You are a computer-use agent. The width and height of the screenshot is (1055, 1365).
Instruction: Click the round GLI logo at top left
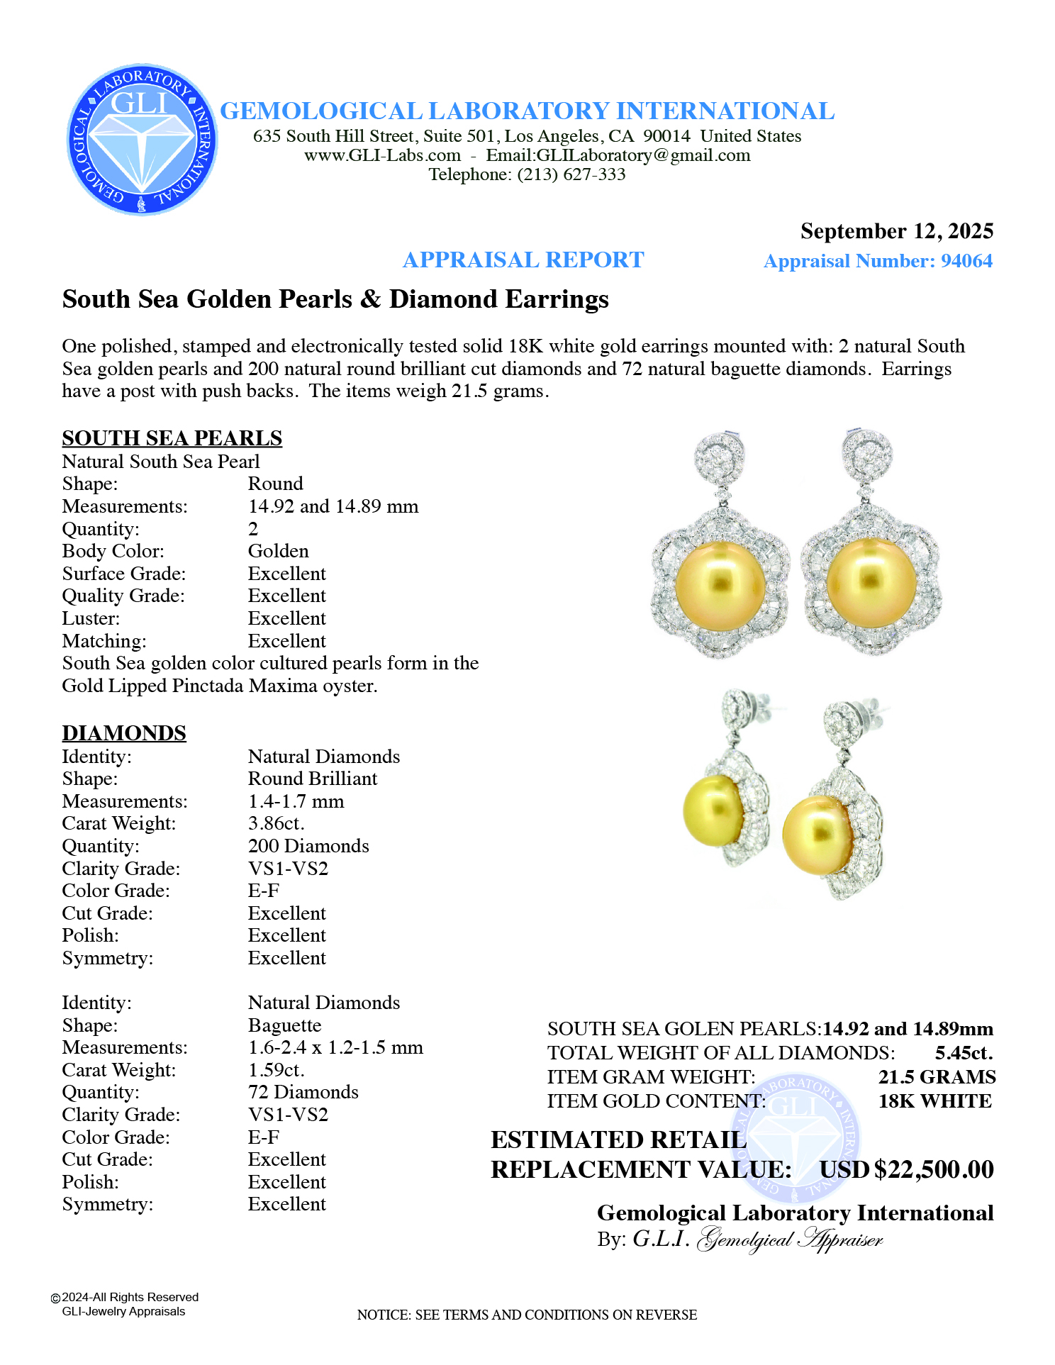pos(142,139)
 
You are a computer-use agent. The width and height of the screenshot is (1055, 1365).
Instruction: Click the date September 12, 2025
pos(896,231)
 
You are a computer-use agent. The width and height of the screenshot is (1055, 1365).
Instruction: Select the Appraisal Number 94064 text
pos(878,261)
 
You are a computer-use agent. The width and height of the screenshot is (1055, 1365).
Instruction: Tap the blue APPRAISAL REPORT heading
pos(523,260)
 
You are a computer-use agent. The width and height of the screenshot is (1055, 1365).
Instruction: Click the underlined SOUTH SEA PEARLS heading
pos(172,438)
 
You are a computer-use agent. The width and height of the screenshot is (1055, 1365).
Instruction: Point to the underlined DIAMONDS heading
pos(124,733)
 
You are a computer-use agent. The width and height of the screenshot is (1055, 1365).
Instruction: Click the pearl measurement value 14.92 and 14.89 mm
pos(333,506)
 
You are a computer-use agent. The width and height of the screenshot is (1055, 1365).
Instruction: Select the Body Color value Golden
pos(278,551)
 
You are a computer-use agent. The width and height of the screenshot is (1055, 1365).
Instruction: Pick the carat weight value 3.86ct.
pos(276,823)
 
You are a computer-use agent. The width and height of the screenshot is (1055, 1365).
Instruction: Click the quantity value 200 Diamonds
pos(308,846)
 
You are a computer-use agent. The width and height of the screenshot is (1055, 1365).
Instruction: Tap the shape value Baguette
pos(284,1025)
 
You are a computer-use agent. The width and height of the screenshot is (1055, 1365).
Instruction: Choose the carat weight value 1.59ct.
pos(276,1070)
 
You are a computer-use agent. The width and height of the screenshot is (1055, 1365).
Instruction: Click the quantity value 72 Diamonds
pos(303,1092)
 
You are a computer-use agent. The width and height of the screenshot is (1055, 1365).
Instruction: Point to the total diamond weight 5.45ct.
pos(964,1053)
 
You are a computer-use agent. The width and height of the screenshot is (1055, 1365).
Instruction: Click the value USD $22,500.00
pos(907,1169)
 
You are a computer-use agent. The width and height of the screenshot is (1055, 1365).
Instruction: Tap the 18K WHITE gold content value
pos(935,1101)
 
